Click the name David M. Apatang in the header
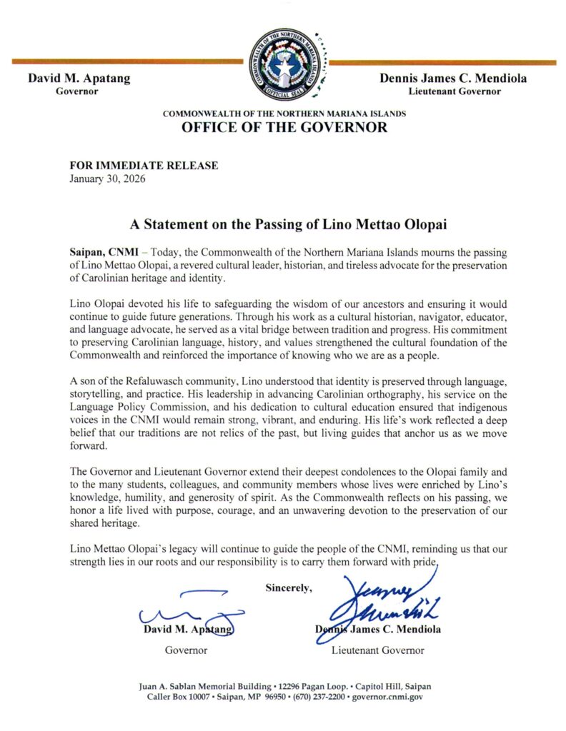tap(79, 78)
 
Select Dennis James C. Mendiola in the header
tap(454, 78)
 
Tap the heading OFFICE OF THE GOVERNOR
tap(284, 128)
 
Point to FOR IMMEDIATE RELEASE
tap(144, 166)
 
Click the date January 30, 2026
tap(107, 179)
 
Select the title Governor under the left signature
tap(186, 650)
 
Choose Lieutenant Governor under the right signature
tap(377, 650)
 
